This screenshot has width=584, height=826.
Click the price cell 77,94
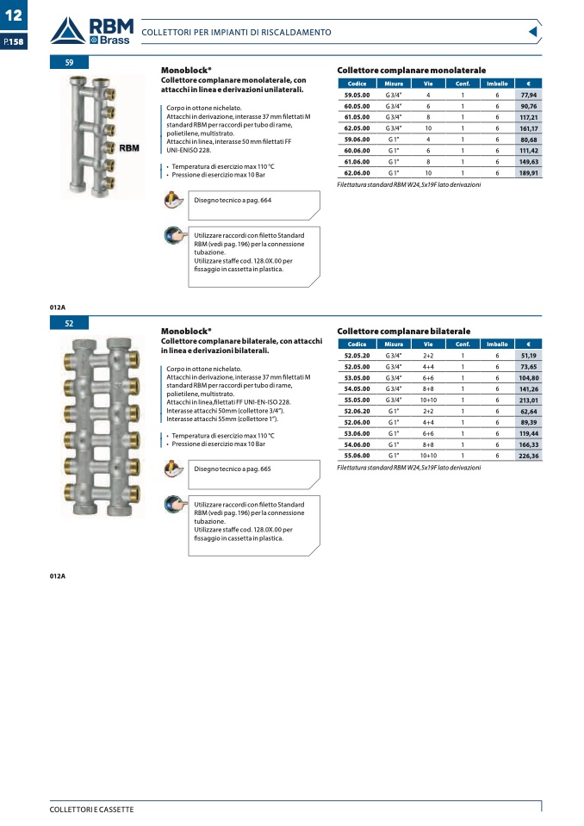pyautogui.click(x=528, y=95)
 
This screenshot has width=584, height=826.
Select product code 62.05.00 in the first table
pyautogui.click(x=357, y=127)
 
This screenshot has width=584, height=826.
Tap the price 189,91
pyautogui.click(x=528, y=172)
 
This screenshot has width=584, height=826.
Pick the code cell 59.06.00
pyautogui.click(x=357, y=139)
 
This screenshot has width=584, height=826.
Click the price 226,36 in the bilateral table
pyautogui.click(x=528, y=455)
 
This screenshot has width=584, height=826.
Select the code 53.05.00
pyautogui.click(x=357, y=377)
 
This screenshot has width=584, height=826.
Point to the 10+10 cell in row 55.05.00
pyautogui.click(x=428, y=400)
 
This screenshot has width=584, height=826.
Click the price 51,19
pyautogui.click(x=528, y=355)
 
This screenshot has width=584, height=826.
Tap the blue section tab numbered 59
pyautogui.click(x=70, y=63)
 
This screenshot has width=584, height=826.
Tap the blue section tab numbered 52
pyautogui.click(x=70, y=323)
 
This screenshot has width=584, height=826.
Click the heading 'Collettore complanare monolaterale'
pyautogui.click(x=411, y=70)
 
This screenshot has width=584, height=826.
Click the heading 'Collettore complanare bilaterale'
pyautogui.click(x=403, y=331)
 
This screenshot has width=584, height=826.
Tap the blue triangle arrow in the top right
pyautogui.click(x=532, y=32)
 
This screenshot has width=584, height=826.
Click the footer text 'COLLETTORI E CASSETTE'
pyautogui.click(x=91, y=810)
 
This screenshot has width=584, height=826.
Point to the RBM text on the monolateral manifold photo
pyautogui.click(x=128, y=148)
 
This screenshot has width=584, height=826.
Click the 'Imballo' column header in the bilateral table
pyautogui.click(x=497, y=344)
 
